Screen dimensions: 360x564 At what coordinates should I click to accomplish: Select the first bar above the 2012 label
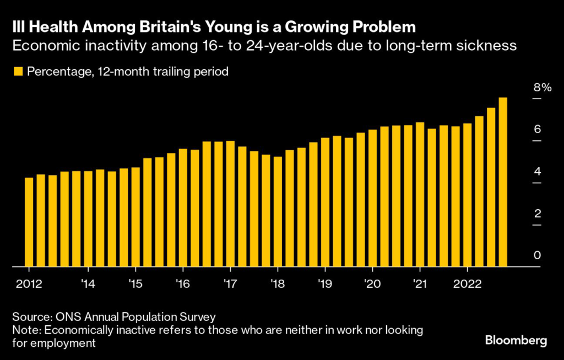click(29, 222)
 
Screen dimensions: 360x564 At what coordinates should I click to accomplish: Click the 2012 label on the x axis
click(29, 284)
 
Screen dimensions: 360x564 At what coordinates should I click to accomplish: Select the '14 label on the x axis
click(88, 284)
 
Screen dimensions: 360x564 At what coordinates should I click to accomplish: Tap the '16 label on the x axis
click(182, 284)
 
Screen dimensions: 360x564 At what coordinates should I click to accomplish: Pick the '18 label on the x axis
click(277, 284)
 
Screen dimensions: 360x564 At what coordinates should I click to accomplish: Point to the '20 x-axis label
click(372, 284)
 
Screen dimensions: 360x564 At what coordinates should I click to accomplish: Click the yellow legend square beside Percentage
click(18, 72)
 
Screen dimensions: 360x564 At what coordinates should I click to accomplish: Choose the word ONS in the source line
click(65, 318)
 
